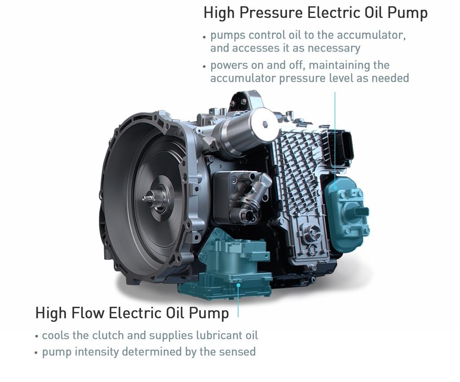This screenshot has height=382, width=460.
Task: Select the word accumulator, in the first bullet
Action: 372,35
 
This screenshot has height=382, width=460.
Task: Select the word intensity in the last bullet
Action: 98,352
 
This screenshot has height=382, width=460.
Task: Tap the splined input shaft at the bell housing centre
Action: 149,198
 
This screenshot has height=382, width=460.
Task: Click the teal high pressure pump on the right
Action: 347,213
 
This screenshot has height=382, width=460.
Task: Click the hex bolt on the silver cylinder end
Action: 265,124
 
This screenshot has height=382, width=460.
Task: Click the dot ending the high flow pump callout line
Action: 239,285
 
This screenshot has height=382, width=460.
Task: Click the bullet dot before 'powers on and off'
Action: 204,66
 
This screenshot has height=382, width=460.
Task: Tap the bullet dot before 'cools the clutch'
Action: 36,337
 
